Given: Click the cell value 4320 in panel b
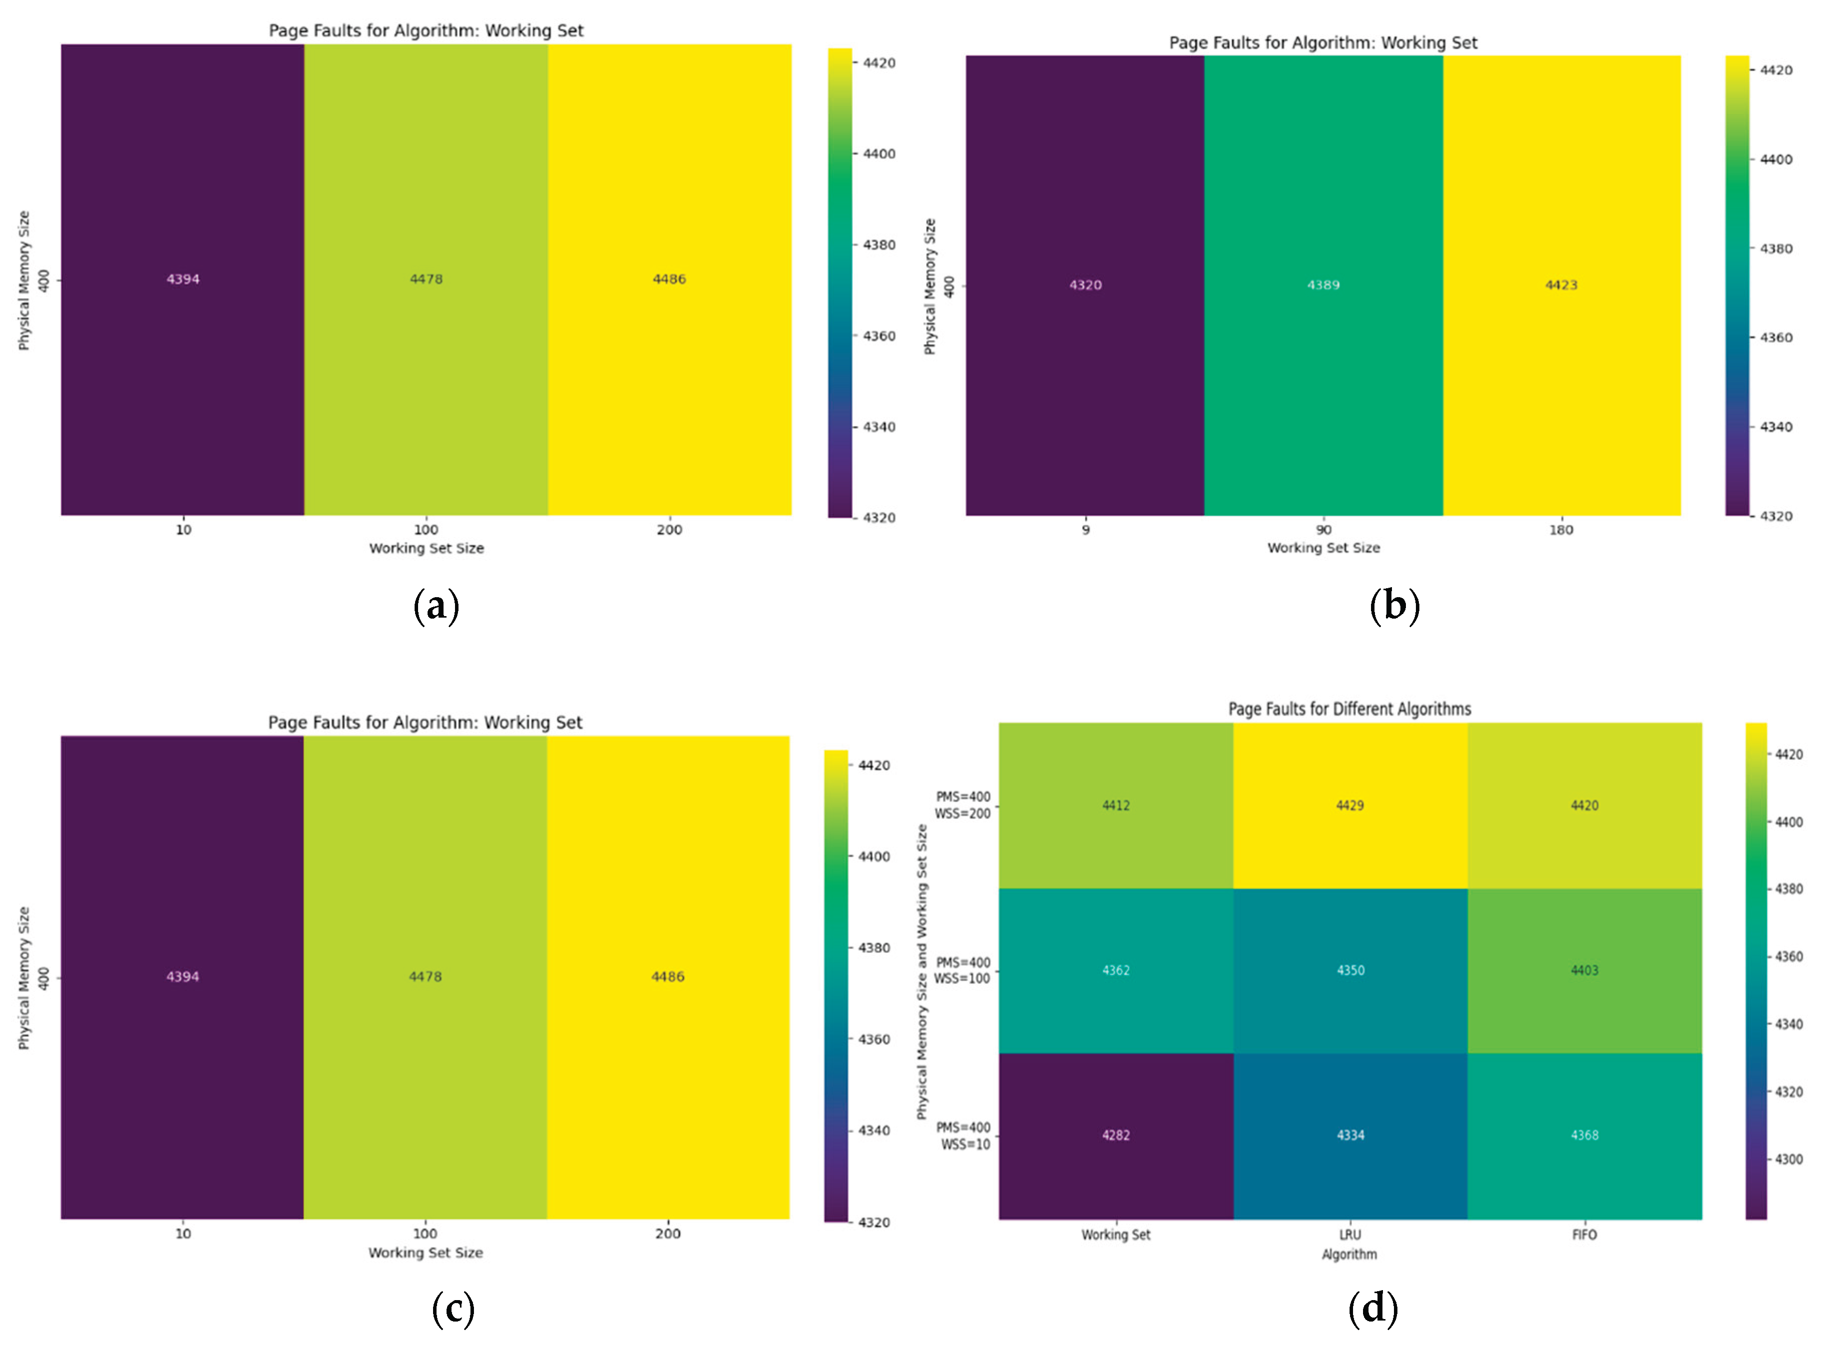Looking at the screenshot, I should click(x=1085, y=285).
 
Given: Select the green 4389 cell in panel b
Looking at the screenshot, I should click(x=1323, y=285).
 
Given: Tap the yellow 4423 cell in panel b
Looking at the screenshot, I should click(x=1561, y=285).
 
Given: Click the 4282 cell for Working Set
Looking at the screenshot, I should click(x=1116, y=1135).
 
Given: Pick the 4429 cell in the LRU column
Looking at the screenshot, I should click(x=1350, y=805).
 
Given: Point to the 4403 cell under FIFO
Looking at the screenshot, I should click(x=1585, y=970).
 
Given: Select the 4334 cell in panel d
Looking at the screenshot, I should click(x=1350, y=1135).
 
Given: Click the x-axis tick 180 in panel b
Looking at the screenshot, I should click(x=1561, y=530).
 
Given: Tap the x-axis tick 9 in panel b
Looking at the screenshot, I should click(x=1085, y=530).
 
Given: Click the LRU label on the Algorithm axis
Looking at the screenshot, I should click(x=1350, y=1235).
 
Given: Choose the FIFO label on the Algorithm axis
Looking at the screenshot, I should click(x=1585, y=1235).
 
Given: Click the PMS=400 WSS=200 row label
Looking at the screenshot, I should click(x=963, y=805).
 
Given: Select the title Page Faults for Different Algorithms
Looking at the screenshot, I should click(x=1349, y=709).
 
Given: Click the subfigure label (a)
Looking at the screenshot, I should click(x=437, y=607).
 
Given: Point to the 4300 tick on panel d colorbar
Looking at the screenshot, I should click(x=1789, y=1159).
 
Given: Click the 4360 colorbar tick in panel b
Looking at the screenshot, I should click(x=1776, y=338).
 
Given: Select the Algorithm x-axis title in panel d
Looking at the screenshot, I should click(x=1349, y=1255).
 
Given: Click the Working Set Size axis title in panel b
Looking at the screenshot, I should click(x=1323, y=548).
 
